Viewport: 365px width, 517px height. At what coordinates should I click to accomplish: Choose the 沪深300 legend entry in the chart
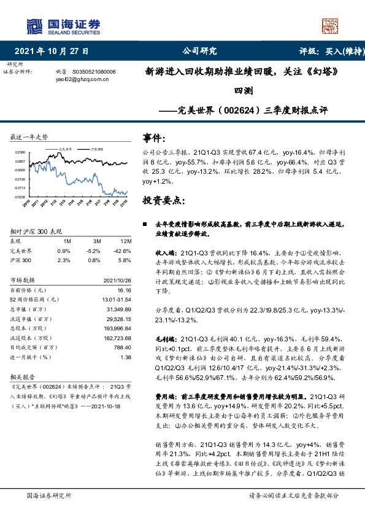point(95,149)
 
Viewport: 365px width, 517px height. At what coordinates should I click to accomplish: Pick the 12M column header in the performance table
point(126,241)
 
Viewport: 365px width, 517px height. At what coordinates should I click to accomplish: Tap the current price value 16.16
point(125,290)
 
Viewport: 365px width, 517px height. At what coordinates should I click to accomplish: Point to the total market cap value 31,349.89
point(118,309)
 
